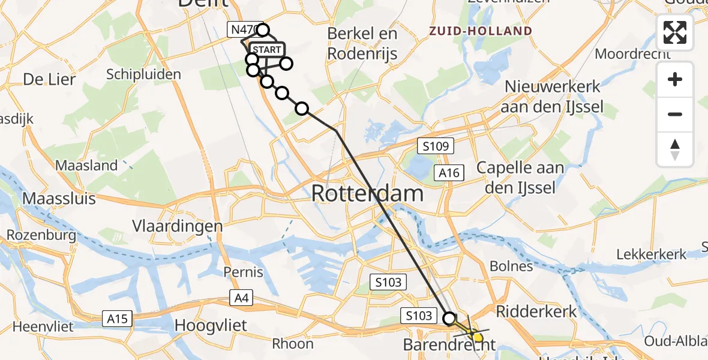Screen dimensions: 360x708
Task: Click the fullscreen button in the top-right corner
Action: (x=675, y=32)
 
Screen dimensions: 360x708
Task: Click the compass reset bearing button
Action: (x=675, y=149)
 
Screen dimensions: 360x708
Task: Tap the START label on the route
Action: (x=266, y=50)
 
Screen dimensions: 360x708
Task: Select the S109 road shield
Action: (x=436, y=146)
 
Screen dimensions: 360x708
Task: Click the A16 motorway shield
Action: (x=448, y=173)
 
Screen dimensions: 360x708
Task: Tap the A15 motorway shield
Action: (x=118, y=318)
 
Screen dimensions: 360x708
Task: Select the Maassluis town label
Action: (x=59, y=198)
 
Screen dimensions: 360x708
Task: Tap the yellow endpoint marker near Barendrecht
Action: (x=478, y=337)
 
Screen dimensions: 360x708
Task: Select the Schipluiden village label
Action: (x=143, y=74)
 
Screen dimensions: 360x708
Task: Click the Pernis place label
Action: (x=243, y=272)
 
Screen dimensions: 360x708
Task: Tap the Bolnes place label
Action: (x=511, y=266)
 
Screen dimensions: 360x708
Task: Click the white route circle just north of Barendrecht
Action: (x=449, y=318)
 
